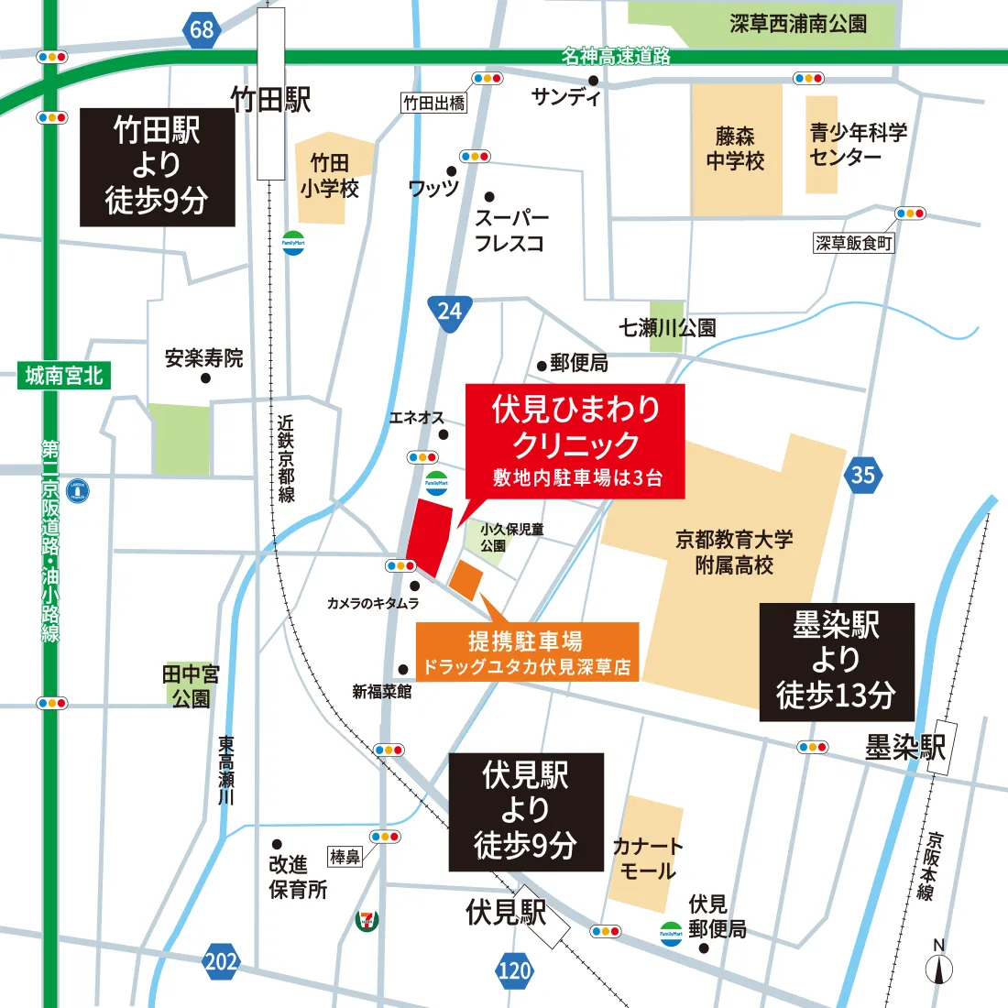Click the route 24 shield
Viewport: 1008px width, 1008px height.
449,312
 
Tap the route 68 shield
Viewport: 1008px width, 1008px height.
202,29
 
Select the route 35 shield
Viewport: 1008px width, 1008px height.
862,475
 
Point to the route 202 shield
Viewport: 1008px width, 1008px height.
221,961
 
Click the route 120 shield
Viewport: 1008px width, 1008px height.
514,970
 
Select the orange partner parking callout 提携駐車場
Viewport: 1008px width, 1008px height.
527,652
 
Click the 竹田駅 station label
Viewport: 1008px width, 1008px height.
271,99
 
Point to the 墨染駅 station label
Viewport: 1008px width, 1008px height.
904,748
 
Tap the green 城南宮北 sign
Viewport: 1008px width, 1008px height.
64,376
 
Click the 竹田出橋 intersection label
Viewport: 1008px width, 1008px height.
434,103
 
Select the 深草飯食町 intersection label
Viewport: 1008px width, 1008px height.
854,243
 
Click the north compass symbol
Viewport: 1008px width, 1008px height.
939,964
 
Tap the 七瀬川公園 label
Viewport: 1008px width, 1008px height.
667,328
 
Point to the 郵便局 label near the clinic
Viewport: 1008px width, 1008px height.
579,364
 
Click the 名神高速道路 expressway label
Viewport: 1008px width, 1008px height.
616,56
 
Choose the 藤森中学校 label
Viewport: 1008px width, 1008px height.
736,148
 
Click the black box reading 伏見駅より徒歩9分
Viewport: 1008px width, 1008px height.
526,812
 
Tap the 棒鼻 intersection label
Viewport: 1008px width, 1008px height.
345,857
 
